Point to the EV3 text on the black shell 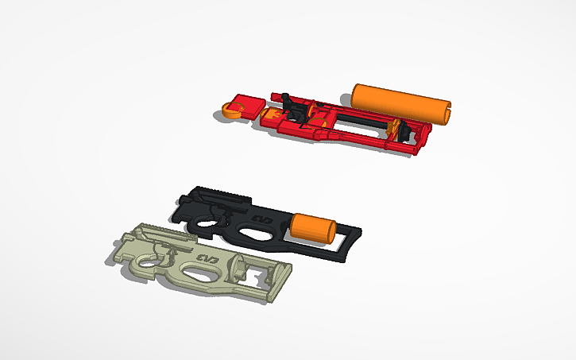click(x=261, y=217)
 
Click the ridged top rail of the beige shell click(x=159, y=231)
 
